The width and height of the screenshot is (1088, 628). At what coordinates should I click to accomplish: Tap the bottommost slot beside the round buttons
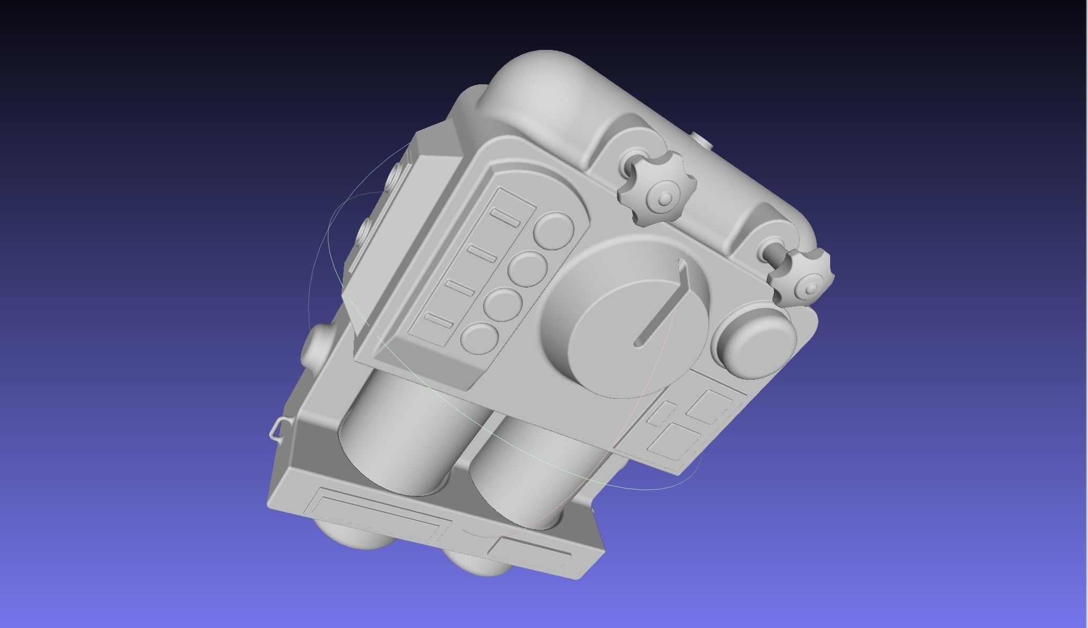pos(439,320)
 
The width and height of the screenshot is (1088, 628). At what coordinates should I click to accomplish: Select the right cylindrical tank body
pos(536,467)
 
